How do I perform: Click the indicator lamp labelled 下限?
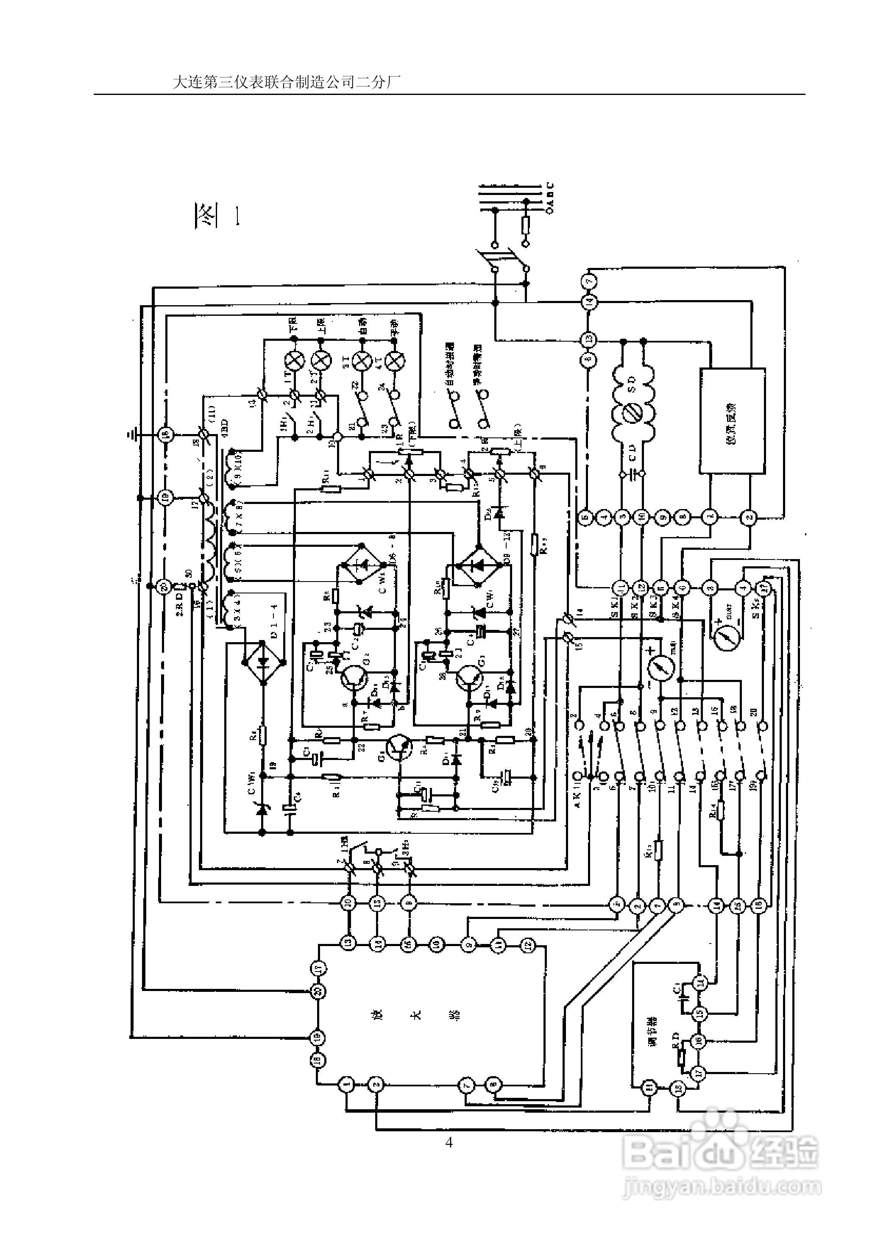pos(294,360)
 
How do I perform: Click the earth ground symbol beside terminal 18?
pos(133,434)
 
